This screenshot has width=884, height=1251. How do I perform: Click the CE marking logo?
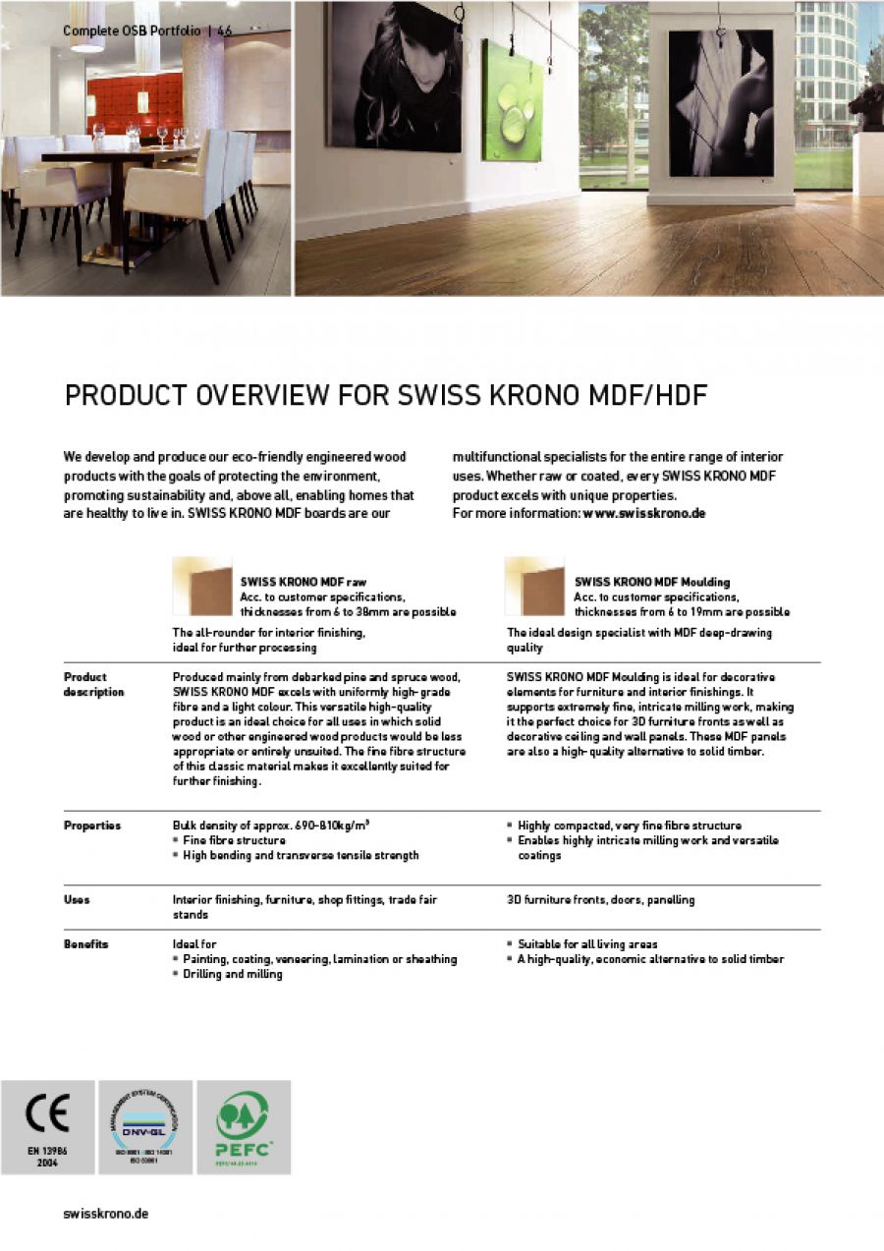click(x=47, y=1117)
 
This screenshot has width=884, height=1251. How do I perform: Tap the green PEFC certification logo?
click(x=243, y=1120)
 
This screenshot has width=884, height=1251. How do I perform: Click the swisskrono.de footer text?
click(x=106, y=1214)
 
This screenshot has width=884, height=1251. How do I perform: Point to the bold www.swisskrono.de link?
click(x=644, y=513)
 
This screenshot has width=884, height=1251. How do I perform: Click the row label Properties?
click(x=92, y=825)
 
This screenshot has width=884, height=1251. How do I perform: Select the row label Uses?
click(x=77, y=899)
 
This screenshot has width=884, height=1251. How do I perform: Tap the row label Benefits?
click(x=86, y=944)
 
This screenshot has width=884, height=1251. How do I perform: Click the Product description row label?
click(x=93, y=684)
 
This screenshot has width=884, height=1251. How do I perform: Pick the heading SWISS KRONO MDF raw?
click(x=304, y=582)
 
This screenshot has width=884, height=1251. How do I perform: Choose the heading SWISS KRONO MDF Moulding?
click(x=652, y=582)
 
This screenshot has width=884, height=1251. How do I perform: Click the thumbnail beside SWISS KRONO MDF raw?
click(x=201, y=586)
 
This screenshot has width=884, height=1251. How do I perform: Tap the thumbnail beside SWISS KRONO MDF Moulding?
click(x=534, y=586)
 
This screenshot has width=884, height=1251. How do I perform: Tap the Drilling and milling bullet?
click(x=233, y=974)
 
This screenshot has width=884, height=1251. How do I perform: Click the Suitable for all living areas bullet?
click(x=587, y=944)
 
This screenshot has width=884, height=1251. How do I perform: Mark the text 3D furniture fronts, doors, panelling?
click(x=600, y=899)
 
